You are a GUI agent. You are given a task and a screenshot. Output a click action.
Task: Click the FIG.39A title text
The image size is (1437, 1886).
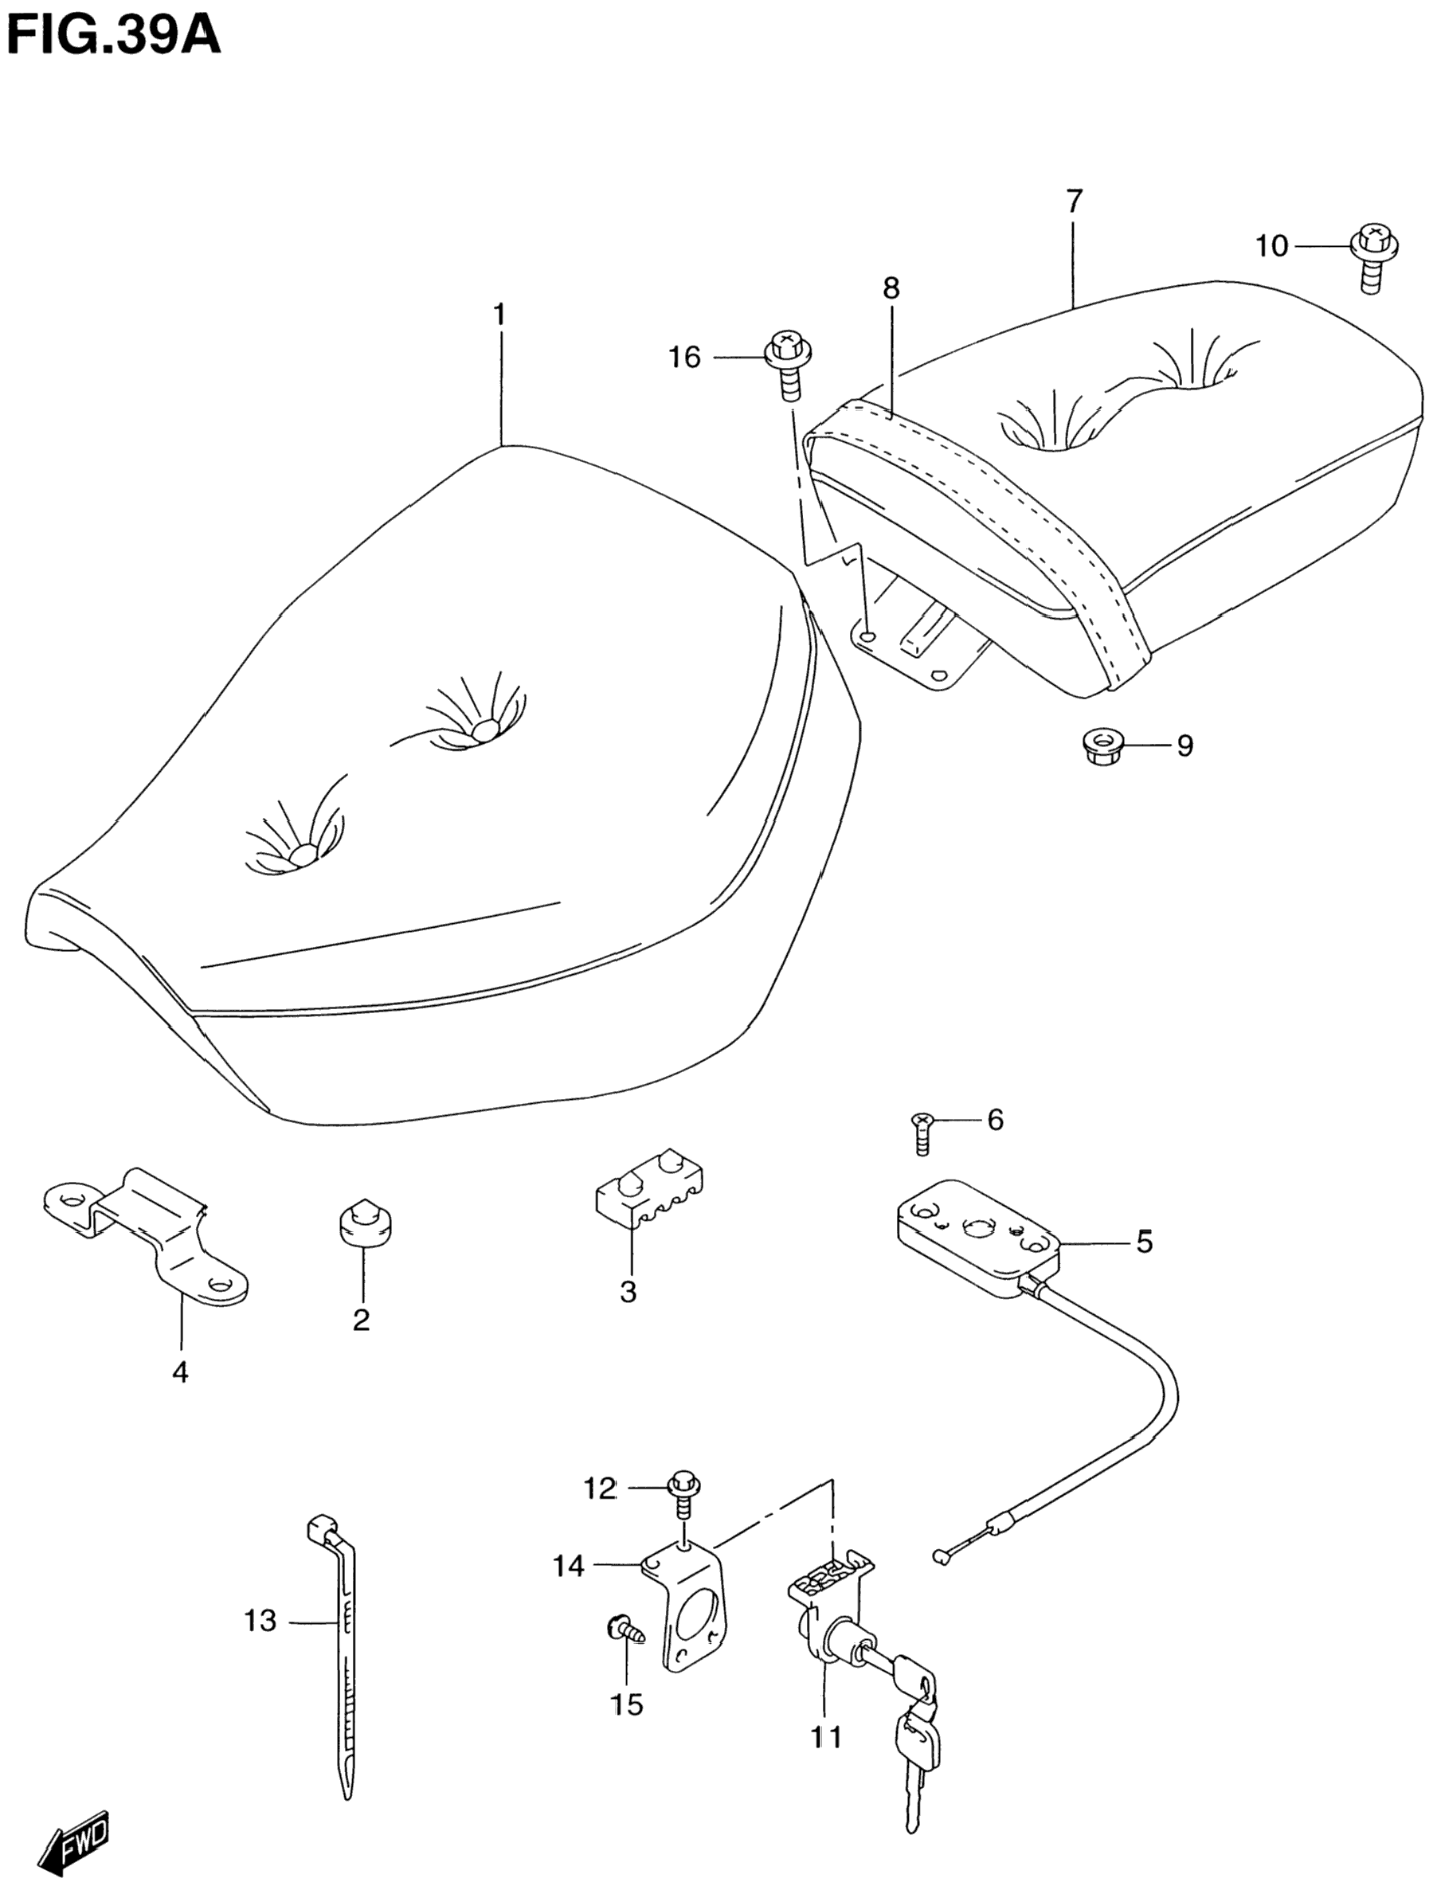tap(113, 36)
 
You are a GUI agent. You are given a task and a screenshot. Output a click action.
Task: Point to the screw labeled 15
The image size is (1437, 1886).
tap(622, 1630)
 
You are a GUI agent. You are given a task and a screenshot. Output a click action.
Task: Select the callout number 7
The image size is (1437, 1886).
tap(1075, 201)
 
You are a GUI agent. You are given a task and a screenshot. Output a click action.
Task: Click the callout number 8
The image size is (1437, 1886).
tap(891, 288)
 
